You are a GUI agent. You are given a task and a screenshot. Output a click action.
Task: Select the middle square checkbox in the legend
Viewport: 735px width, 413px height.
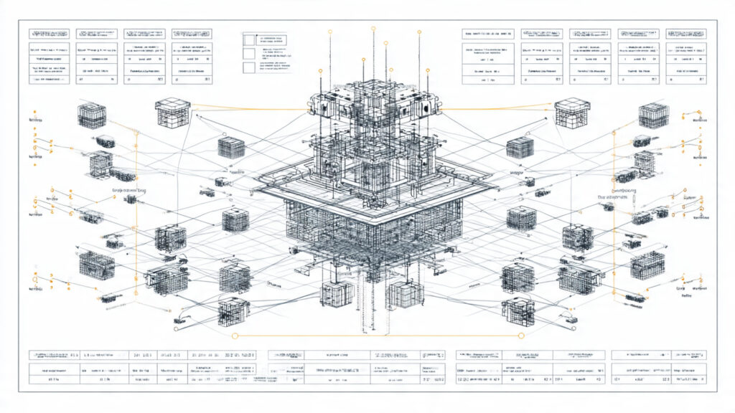pos(248,53)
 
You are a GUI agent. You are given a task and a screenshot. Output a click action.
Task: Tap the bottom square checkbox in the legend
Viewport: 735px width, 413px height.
pos(248,68)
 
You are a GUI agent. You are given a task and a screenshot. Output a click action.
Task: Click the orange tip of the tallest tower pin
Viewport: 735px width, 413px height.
pos(373,28)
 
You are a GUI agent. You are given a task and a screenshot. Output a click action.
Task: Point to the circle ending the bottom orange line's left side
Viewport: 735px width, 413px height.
pos(233,336)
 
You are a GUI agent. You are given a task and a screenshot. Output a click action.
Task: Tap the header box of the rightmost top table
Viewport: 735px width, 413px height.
pos(685,34)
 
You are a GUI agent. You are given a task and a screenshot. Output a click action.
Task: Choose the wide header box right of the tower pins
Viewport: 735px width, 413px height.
pos(488,34)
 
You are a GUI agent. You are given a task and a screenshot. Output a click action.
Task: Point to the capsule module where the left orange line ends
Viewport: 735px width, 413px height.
pos(131,199)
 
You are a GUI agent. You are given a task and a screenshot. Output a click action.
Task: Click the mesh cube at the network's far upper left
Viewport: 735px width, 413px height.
pos(92,115)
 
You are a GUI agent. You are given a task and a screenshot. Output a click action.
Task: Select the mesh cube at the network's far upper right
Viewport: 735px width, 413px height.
pos(653,115)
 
